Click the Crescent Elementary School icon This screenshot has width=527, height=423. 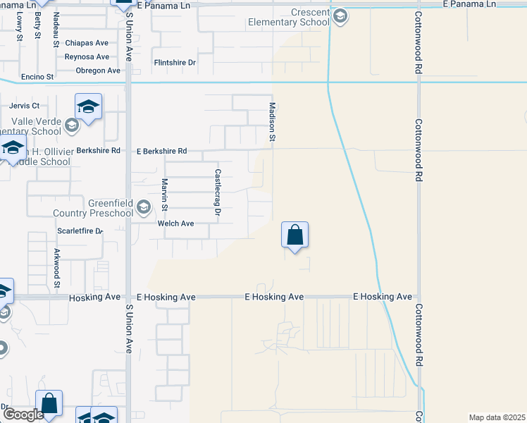point(340,16)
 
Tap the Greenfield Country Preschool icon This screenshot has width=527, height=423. point(144,207)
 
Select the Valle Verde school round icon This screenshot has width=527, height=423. point(71,125)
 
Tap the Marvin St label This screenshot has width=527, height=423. point(164,195)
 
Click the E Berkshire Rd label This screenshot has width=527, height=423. point(162,151)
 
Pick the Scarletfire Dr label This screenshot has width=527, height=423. point(80,231)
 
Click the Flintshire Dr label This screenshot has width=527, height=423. point(175,63)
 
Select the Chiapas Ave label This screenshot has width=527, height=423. point(87,42)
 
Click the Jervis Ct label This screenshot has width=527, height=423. point(25,106)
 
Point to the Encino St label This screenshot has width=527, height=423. point(38,76)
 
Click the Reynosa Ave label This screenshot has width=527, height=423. point(87,56)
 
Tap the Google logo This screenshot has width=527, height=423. point(23,415)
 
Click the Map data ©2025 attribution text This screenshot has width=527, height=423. point(497,417)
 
